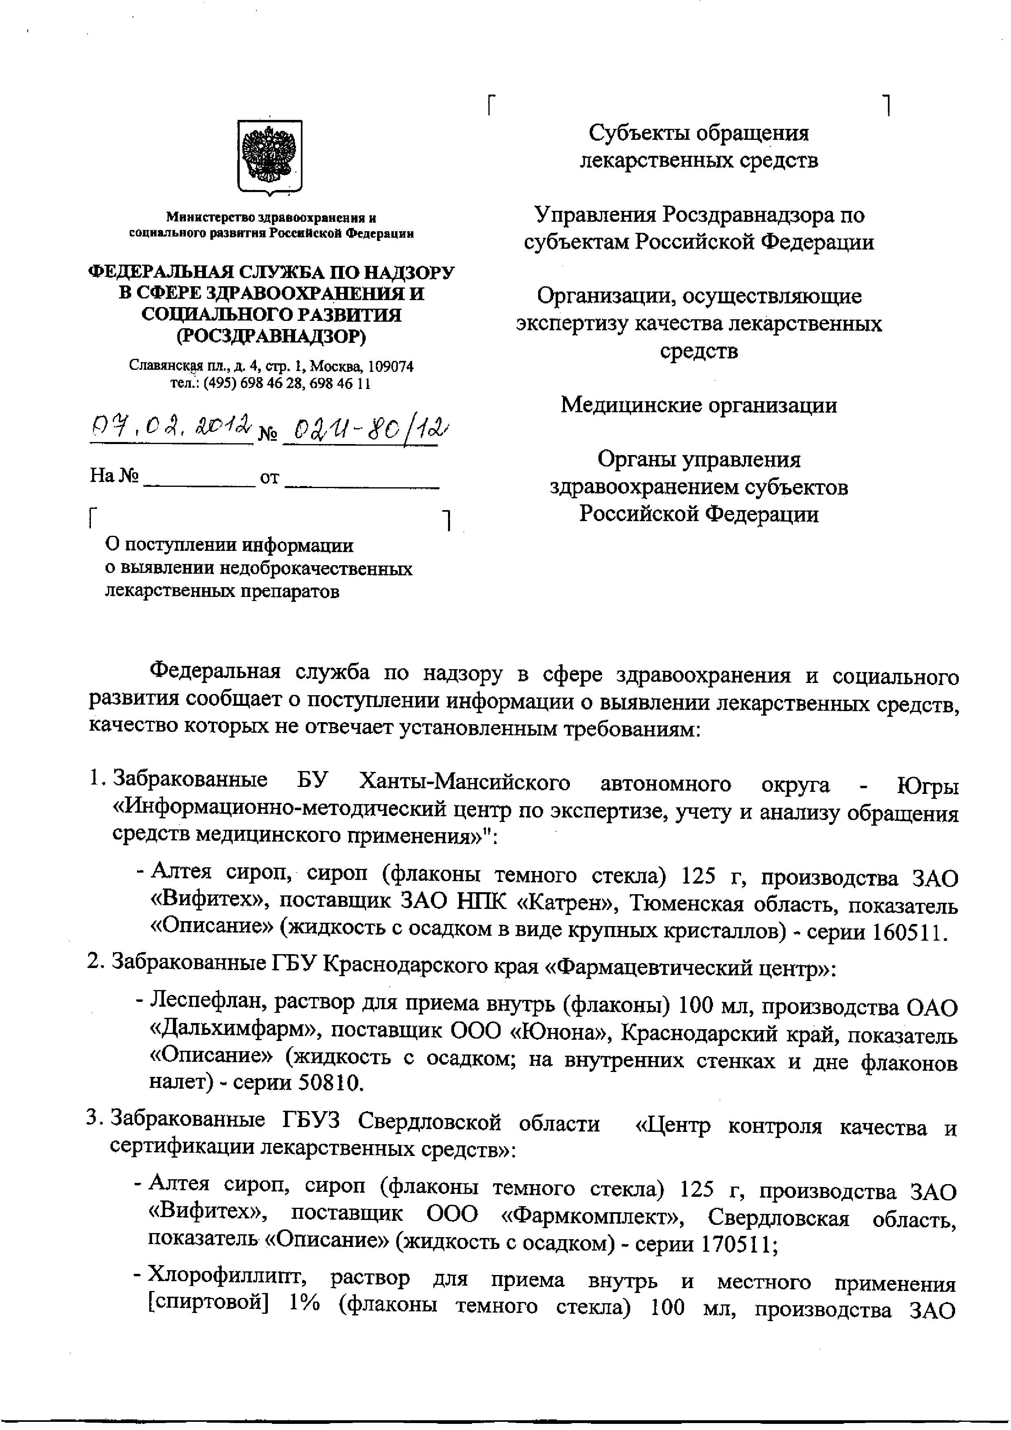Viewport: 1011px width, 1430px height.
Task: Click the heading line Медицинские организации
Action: pos(698,405)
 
